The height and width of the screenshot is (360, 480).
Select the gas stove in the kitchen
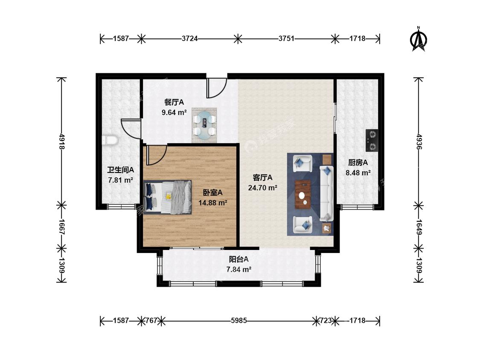(x=372, y=140)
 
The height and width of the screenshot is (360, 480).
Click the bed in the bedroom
(x=167, y=197)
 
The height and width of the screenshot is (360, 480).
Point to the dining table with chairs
(x=204, y=125)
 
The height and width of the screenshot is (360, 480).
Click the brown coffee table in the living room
(x=303, y=195)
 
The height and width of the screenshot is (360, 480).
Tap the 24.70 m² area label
(x=263, y=188)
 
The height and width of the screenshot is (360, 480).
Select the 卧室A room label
(x=213, y=192)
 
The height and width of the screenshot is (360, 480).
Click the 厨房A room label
(x=358, y=163)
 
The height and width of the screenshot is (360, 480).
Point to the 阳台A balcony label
(x=239, y=259)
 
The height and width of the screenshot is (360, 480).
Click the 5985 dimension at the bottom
(x=239, y=320)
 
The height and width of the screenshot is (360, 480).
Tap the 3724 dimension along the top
(x=189, y=38)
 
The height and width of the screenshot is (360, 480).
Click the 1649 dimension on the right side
(x=419, y=227)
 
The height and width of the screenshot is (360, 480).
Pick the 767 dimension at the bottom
(x=151, y=320)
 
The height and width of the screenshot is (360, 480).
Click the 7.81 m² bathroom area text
(x=121, y=180)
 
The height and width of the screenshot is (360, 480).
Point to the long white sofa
(x=327, y=193)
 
